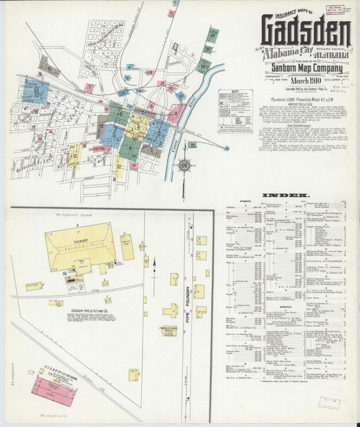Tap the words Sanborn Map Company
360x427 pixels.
click(x=303, y=68)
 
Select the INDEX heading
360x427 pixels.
click(x=280, y=195)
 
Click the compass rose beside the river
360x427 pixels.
click(x=184, y=164)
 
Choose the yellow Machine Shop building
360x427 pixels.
click(x=127, y=247)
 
